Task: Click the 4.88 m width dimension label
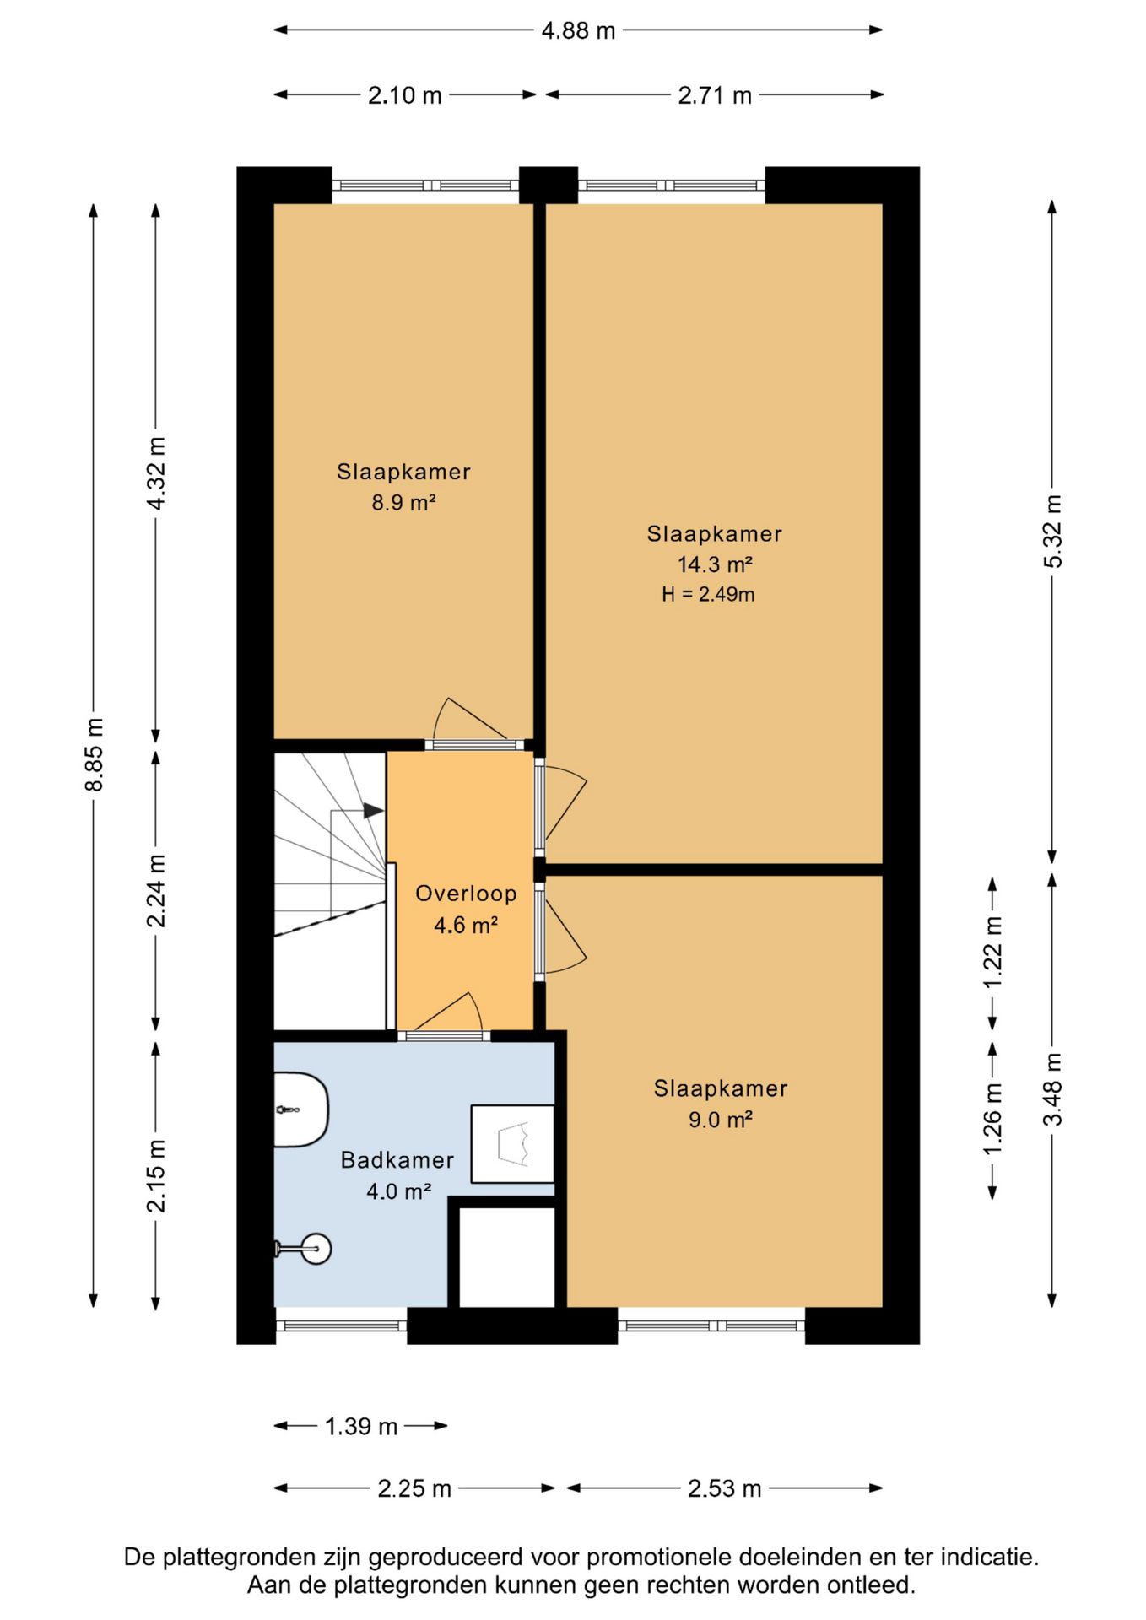coord(578,31)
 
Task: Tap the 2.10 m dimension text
coord(404,95)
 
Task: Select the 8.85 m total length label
coord(94,754)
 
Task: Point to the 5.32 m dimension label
coord(1052,531)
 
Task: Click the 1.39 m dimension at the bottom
coord(361,1426)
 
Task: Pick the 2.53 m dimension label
coord(724,1488)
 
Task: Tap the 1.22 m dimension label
coord(992,953)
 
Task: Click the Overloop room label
coord(466,894)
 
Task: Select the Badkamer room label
coord(397,1160)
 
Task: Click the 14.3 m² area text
coord(715,564)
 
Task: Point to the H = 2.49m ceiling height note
coord(708,594)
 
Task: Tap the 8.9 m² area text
coord(403,503)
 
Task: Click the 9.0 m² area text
coord(720,1120)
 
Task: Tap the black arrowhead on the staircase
coord(374,811)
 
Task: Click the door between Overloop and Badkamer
coord(444,1017)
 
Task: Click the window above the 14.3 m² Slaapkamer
coord(672,186)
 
